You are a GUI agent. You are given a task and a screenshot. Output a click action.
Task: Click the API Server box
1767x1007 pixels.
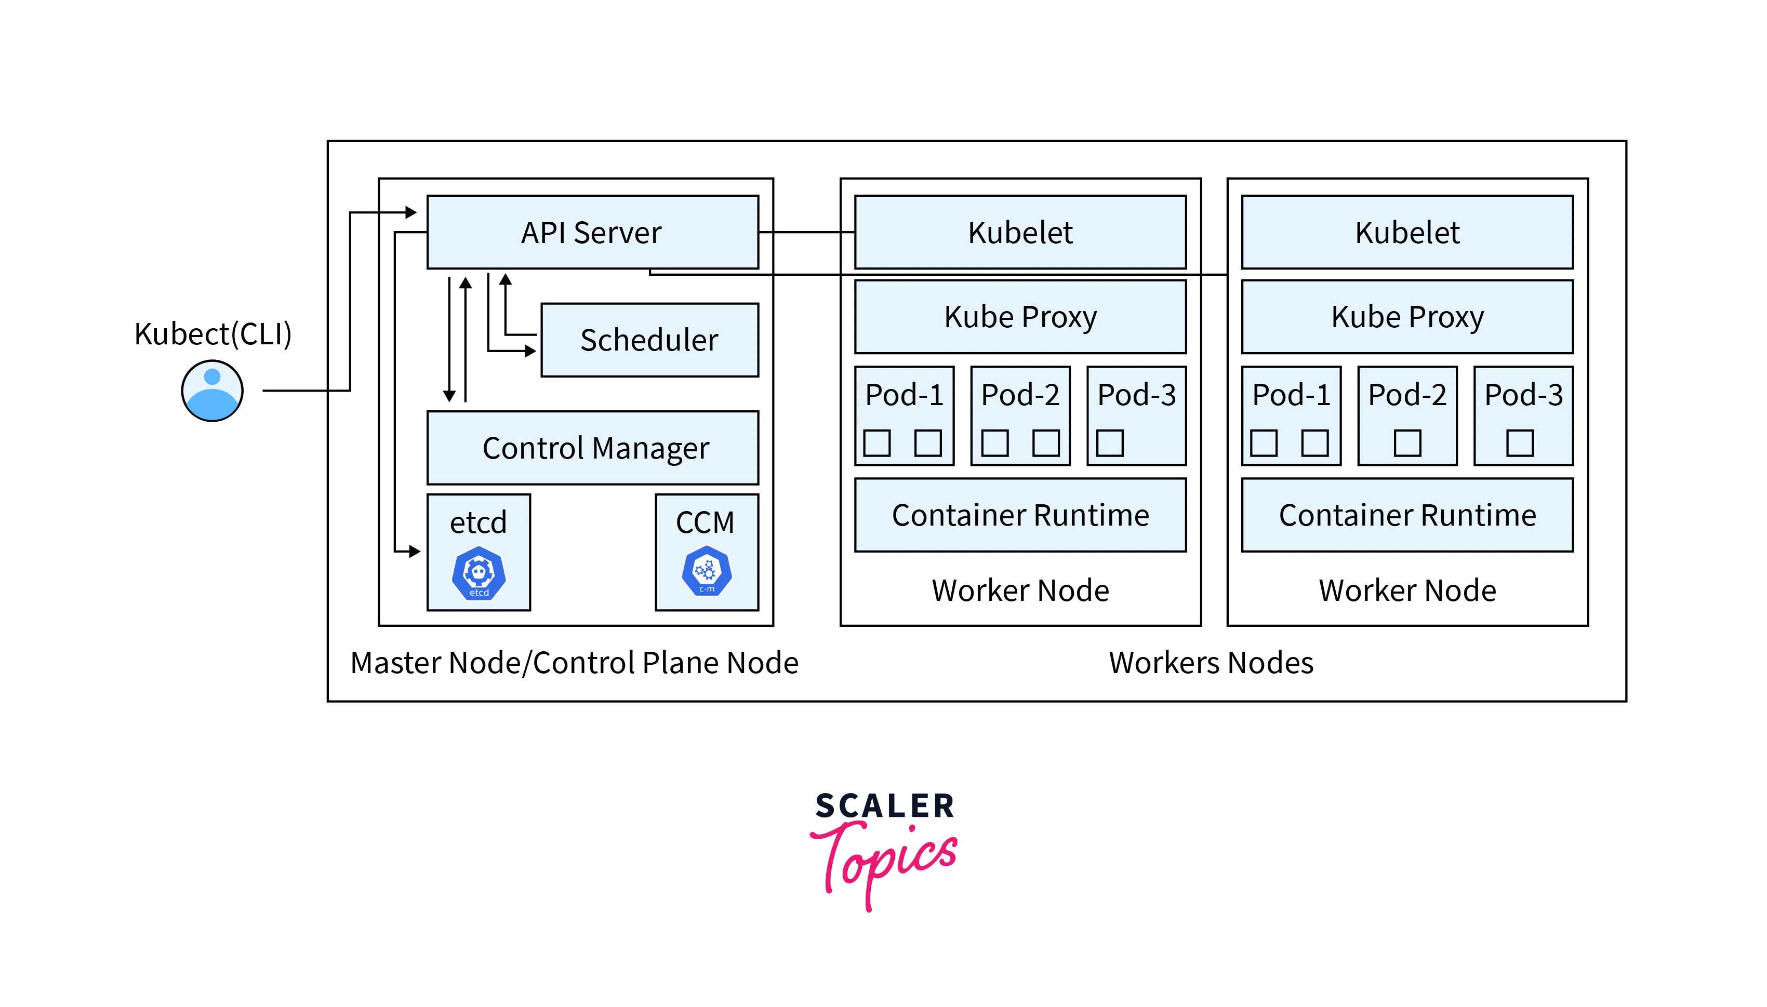pos(592,232)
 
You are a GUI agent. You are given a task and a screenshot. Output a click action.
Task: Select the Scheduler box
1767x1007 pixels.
pos(649,340)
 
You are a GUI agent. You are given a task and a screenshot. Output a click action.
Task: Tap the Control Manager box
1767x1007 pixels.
pos(592,448)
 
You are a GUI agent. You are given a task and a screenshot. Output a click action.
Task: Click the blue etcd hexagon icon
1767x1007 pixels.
pos(479,573)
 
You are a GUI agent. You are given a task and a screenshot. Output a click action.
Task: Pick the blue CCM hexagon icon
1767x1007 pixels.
pos(707,571)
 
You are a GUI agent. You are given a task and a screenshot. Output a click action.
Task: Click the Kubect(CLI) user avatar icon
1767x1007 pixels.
pos(212,391)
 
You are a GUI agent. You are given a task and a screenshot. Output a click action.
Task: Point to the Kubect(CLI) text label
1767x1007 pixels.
pos(212,334)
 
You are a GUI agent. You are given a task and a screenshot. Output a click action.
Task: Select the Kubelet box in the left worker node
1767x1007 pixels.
pos(1020,232)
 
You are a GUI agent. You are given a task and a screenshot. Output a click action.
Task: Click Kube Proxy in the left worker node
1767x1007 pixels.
pos(1020,317)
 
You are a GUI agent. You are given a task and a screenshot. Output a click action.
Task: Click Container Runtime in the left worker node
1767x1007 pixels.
pos(1020,515)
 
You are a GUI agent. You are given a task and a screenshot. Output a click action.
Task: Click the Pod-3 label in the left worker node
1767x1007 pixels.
pos(1136,395)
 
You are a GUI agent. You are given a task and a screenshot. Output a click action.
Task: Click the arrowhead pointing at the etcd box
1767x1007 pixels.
pos(415,551)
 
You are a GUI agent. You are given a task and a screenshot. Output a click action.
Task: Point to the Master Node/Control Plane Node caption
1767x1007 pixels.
pos(574,663)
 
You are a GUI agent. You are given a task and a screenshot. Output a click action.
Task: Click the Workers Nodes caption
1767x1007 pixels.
pos(1211,663)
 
